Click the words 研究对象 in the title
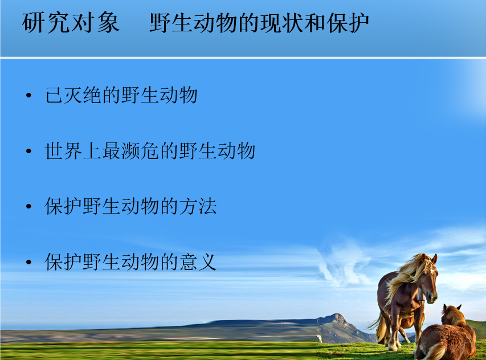tap(71, 23)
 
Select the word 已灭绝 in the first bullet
tap(73, 95)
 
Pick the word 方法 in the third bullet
tap(198, 206)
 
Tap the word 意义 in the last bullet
tap(198, 262)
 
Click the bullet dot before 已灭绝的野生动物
tap(29, 96)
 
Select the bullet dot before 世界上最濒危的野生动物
tap(29, 151)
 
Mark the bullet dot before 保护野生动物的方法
tap(29, 207)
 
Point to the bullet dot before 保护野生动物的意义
tap(29, 263)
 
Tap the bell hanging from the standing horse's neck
tap(421, 294)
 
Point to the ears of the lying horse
tap(452, 308)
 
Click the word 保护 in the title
tap(348, 23)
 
